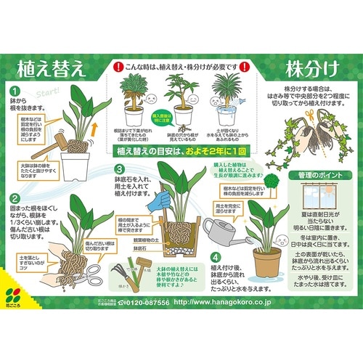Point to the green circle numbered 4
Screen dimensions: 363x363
tap(215, 256)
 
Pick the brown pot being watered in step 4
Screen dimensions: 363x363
tap(266, 262)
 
